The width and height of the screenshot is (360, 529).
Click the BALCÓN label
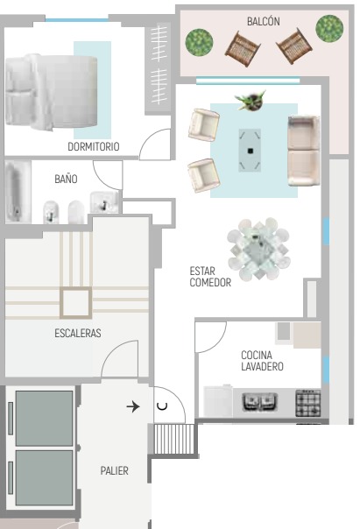tap(263, 21)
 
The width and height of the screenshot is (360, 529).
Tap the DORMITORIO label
tap(94, 146)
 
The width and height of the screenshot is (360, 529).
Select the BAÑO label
tap(66, 179)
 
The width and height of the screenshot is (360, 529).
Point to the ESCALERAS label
tap(78, 333)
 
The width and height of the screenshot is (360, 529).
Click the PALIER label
tap(115, 470)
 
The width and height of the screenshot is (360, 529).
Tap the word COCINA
tap(257, 355)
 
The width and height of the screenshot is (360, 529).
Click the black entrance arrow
tap(133, 406)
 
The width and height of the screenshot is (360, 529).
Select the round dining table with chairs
tap(258, 249)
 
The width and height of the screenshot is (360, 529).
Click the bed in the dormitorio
tap(52, 92)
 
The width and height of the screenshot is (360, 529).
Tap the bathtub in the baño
tap(16, 191)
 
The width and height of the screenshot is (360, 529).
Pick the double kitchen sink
tap(260, 403)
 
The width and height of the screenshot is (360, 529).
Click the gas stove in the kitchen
tap(308, 403)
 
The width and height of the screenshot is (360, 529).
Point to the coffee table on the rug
tap(250, 150)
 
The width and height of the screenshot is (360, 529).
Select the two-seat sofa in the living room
tap(303, 151)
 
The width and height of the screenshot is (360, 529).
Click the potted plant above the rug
tap(251, 100)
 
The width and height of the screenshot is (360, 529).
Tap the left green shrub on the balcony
tap(199, 43)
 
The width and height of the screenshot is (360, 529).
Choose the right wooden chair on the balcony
tap(294, 46)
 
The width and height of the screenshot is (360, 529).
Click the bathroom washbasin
tap(104, 202)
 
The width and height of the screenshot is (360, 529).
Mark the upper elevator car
tap(44, 418)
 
